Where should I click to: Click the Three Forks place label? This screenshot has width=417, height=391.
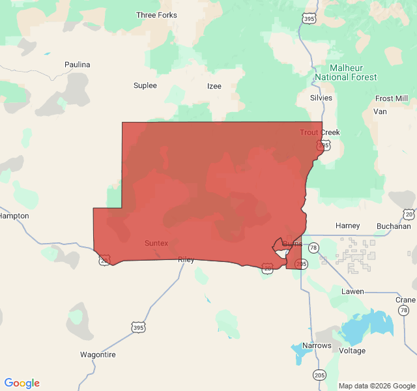tap(156, 15)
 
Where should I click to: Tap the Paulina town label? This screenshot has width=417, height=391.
tap(78, 65)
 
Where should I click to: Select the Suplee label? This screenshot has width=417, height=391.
tap(145, 85)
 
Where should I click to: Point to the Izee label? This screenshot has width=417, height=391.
tap(214, 86)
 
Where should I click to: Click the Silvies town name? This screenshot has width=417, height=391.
tap(321, 98)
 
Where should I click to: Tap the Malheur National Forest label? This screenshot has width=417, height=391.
tap(345, 72)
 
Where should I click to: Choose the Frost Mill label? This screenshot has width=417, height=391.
tap(392, 98)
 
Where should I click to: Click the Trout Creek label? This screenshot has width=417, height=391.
tap(319, 132)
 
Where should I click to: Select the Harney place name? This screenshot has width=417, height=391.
tap(347, 225)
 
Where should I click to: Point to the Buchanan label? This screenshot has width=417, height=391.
tap(394, 226)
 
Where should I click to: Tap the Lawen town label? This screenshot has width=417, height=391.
tap(353, 291)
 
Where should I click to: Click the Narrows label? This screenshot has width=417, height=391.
tap(317, 345)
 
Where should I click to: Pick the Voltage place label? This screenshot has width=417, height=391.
tap(352, 351)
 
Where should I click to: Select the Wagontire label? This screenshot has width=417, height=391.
tap(98, 355)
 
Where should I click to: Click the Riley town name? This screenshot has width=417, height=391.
tap(186, 259)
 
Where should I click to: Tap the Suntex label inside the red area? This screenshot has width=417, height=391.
tap(156, 243)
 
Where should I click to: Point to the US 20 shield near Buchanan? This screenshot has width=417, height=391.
tap(409, 214)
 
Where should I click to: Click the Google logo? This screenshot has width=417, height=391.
tap(22, 383)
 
